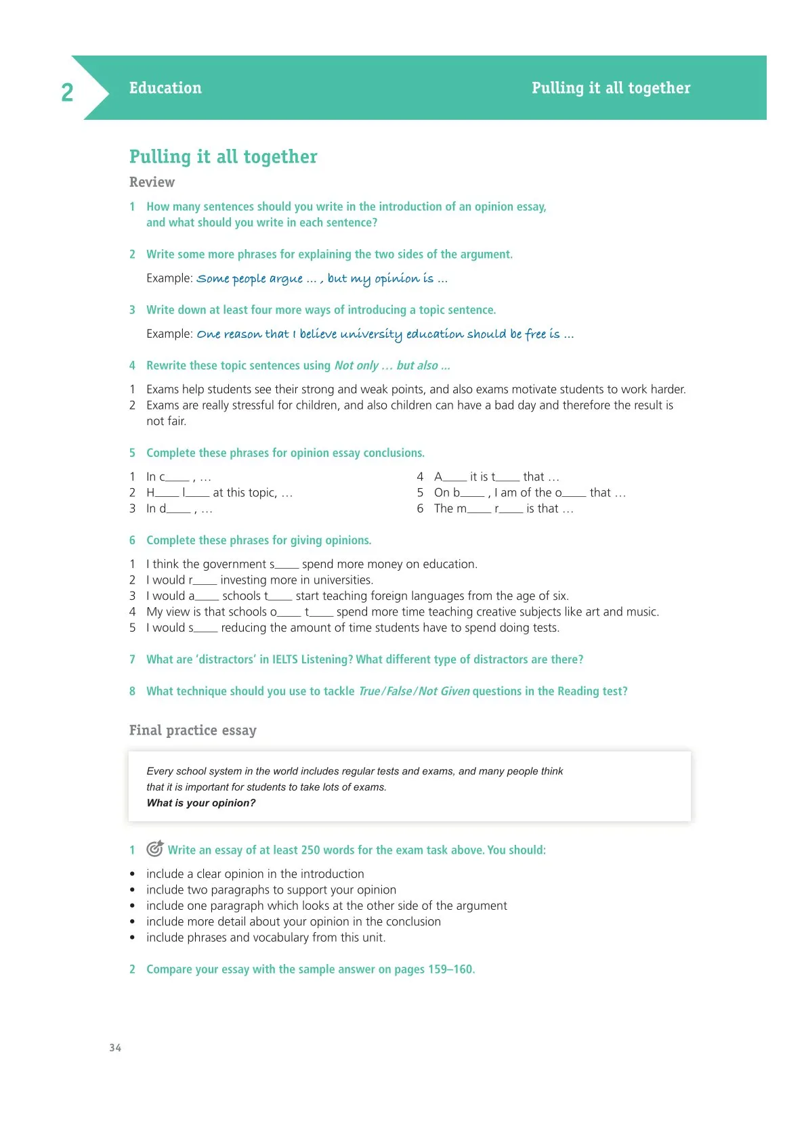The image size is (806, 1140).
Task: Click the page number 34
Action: (115, 1048)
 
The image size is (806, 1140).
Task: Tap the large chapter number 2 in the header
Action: (67, 92)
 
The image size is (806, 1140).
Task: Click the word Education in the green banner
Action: (165, 88)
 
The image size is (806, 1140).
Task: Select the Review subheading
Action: (152, 182)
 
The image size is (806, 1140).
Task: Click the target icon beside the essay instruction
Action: (155, 848)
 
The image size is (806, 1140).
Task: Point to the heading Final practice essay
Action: (193, 730)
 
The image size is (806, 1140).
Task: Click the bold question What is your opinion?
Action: (201, 803)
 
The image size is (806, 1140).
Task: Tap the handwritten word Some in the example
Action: (213, 279)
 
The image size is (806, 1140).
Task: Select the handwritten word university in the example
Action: (371, 334)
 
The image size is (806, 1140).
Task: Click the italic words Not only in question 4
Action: (356, 366)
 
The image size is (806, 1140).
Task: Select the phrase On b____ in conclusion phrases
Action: (459, 493)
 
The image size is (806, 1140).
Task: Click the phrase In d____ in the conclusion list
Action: (168, 509)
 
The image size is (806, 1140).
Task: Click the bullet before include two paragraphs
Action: (133, 890)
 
